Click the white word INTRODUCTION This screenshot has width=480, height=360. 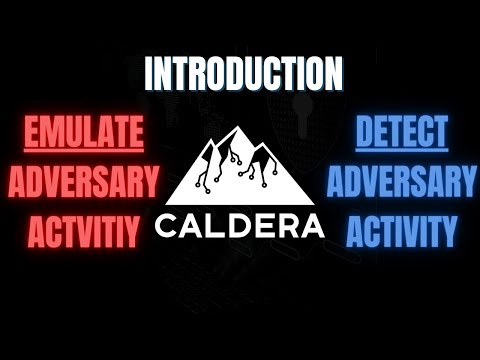tap(244, 74)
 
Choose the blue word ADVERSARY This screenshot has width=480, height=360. tap(401, 182)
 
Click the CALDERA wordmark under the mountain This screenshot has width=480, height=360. tap(239, 222)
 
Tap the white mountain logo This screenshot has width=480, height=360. tap(240, 170)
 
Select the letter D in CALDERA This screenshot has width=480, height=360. tap(239, 222)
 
